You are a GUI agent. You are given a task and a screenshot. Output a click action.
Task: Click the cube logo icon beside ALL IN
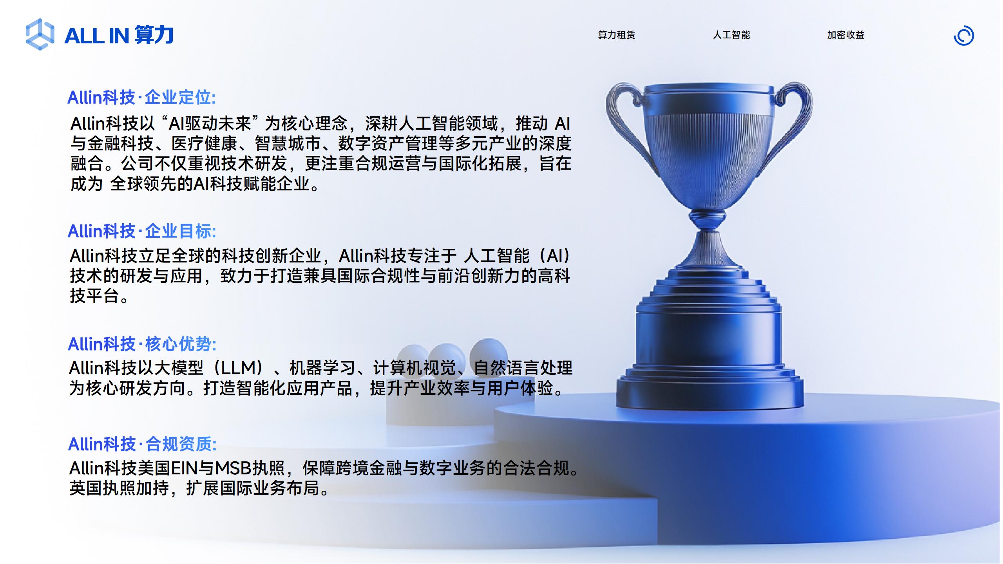pyautogui.click(x=40, y=34)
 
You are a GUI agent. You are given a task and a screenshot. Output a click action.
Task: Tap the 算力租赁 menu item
pyautogui.click(x=616, y=35)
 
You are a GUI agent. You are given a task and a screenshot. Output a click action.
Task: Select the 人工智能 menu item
pyautogui.click(x=731, y=35)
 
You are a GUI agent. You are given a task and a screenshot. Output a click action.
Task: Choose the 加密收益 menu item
pyautogui.click(x=845, y=35)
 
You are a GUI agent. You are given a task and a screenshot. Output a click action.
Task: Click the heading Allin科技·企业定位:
pyautogui.click(x=141, y=98)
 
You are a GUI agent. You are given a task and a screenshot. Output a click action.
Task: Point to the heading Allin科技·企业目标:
pyautogui.click(x=141, y=231)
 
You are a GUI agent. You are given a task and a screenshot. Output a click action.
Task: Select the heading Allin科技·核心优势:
pyautogui.click(x=142, y=344)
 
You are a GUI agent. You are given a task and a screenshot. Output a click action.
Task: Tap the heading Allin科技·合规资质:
pyautogui.click(x=142, y=444)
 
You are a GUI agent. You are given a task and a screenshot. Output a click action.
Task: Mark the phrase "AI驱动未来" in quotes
pyautogui.click(x=210, y=123)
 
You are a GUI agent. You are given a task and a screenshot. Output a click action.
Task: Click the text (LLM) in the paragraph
pyautogui.click(x=239, y=368)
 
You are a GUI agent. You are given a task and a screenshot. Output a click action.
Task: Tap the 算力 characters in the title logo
pyautogui.click(x=154, y=35)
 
